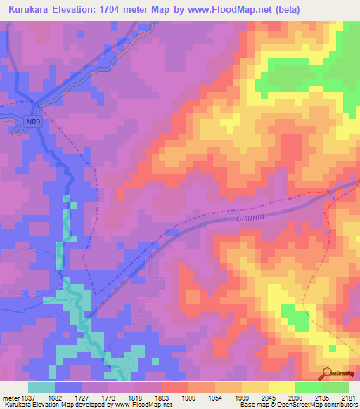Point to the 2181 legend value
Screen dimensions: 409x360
coord(347,398)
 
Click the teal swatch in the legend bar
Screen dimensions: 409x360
coord(41,387)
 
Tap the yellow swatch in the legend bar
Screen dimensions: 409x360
coord(282,387)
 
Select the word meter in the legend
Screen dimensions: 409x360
coord(9,398)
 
